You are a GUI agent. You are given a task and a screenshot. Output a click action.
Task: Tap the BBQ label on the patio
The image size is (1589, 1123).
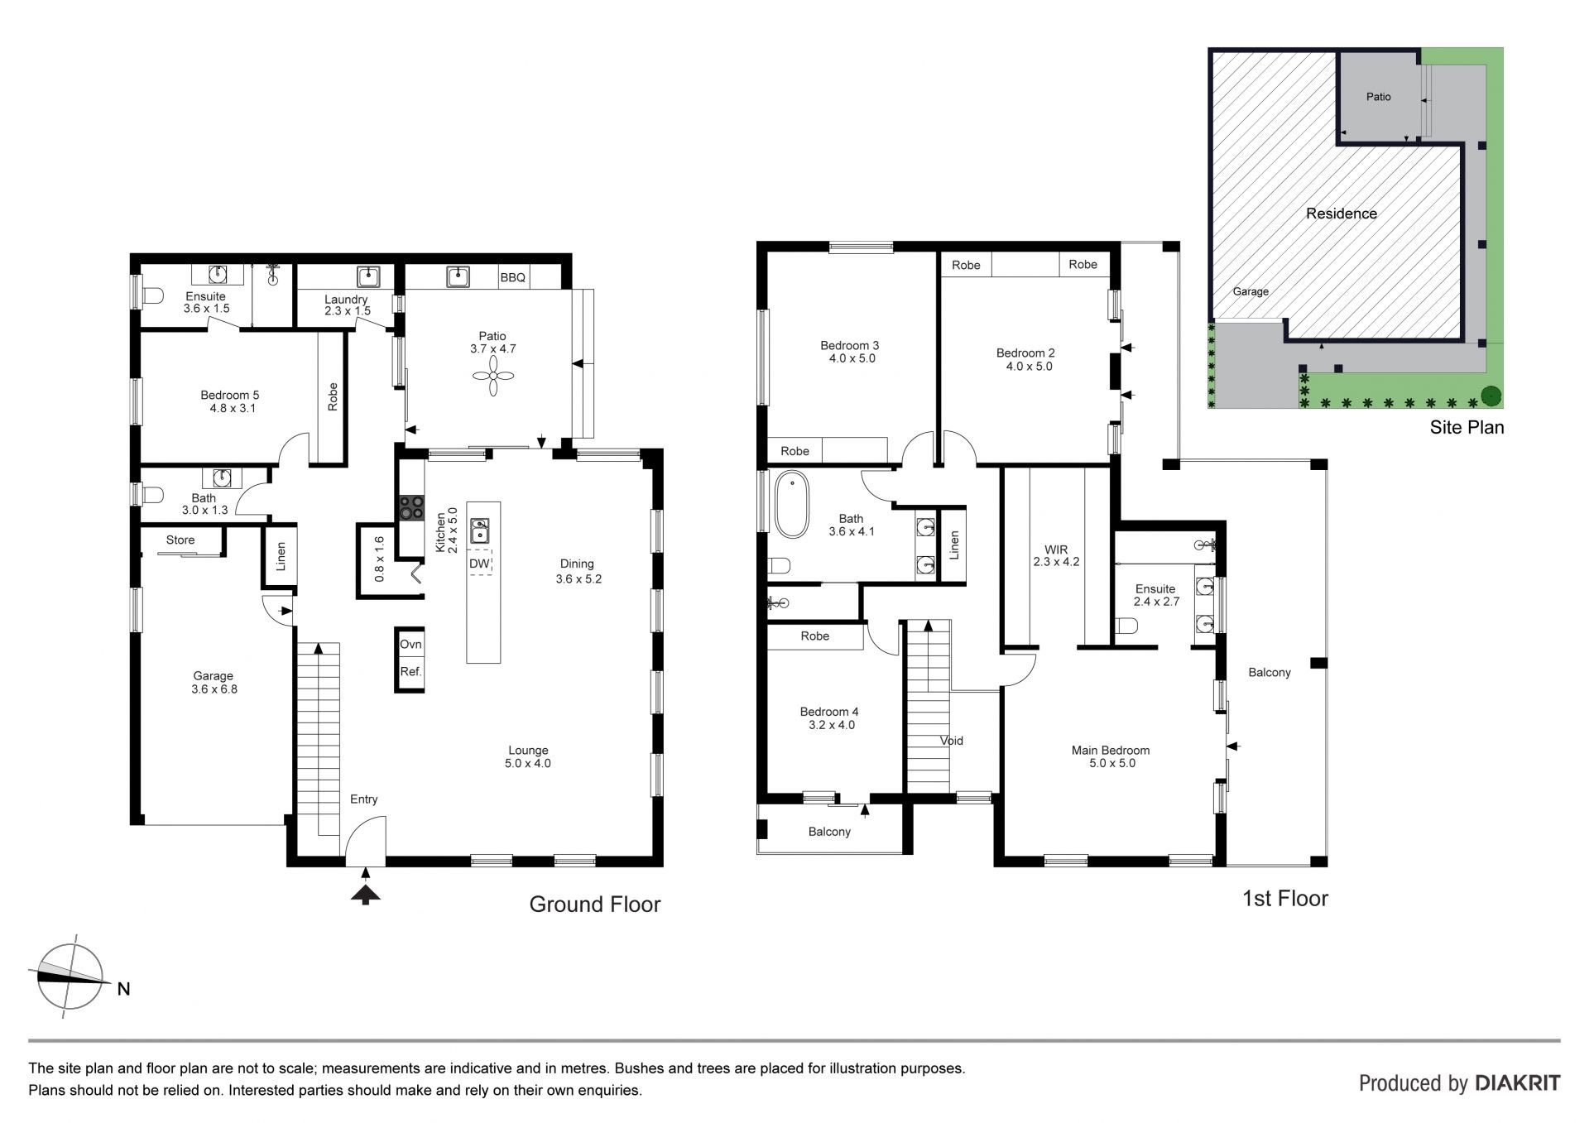(x=513, y=277)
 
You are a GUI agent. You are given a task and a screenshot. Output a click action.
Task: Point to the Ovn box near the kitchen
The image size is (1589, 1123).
(x=410, y=644)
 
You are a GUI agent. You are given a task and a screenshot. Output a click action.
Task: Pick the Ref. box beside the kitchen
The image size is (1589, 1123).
(x=410, y=671)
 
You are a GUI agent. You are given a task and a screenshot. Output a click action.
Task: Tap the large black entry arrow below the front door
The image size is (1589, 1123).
(x=365, y=893)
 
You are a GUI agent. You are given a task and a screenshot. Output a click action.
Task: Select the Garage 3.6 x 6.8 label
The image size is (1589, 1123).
(x=214, y=682)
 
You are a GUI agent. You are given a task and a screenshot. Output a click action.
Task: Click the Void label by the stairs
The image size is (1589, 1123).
(x=952, y=741)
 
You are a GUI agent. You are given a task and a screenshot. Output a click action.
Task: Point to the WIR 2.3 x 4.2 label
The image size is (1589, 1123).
(x=1056, y=555)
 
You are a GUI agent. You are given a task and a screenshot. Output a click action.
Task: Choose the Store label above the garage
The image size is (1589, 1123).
(x=180, y=540)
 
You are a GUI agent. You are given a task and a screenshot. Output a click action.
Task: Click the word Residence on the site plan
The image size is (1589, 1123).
(x=1342, y=214)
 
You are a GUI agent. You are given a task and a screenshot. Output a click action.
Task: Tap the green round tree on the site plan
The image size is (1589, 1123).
(x=1491, y=397)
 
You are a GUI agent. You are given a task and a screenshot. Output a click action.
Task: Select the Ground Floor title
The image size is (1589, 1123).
(x=595, y=905)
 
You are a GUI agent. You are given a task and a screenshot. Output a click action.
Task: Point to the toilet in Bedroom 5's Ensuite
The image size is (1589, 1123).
(x=152, y=295)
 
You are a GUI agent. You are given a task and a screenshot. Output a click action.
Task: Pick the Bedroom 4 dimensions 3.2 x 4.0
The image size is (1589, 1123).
(x=832, y=725)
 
